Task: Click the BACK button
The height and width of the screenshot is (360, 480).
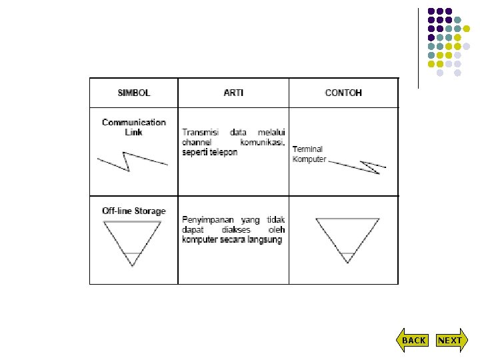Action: click(x=413, y=340)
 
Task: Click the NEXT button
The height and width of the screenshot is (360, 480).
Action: click(x=449, y=340)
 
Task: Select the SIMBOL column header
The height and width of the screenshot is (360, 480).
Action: click(x=134, y=93)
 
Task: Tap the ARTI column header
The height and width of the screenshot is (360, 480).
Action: click(x=233, y=93)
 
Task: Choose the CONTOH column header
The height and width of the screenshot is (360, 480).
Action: click(x=343, y=93)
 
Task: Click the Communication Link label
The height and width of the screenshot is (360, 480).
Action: click(x=134, y=127)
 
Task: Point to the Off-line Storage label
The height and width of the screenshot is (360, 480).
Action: click(x=134, y=211)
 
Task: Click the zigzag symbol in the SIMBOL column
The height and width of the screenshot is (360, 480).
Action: click(x=132, y=161)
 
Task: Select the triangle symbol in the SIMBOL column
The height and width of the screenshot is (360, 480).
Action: click(x=132, y=240)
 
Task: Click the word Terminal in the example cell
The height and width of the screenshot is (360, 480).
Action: click(x=307, y=150)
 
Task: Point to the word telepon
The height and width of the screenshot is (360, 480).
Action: click(x=223, y=152)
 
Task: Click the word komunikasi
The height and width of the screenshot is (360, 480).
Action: click(x=262, y=143)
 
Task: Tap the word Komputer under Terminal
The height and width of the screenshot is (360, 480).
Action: click(x=309, y=159)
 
